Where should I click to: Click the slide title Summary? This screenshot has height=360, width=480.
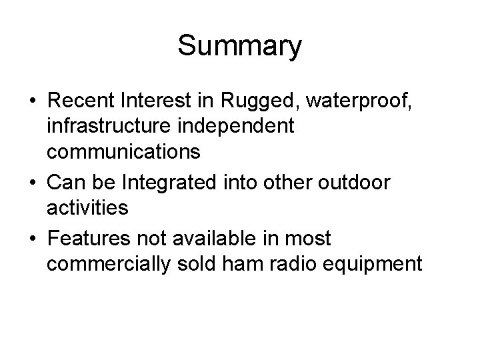coord(240,46)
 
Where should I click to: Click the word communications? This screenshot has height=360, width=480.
coord(123,152)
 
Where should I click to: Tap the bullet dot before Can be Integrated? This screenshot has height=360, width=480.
coord(32,181)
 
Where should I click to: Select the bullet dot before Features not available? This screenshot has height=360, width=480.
coord(32,237)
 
